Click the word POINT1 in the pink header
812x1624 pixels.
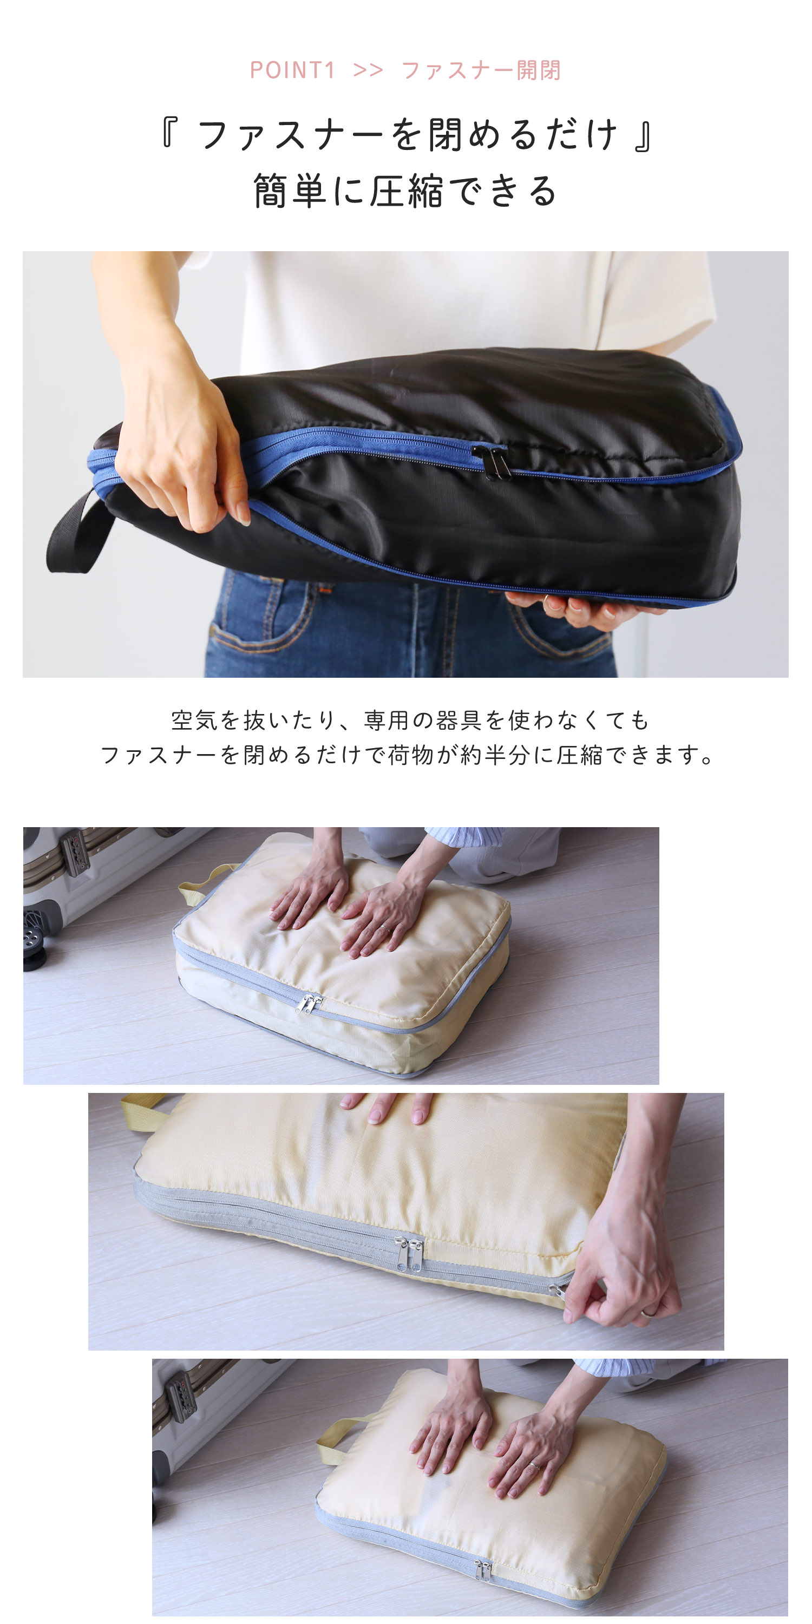(x=292, y=70)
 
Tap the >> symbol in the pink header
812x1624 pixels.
(x=368, y=70)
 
